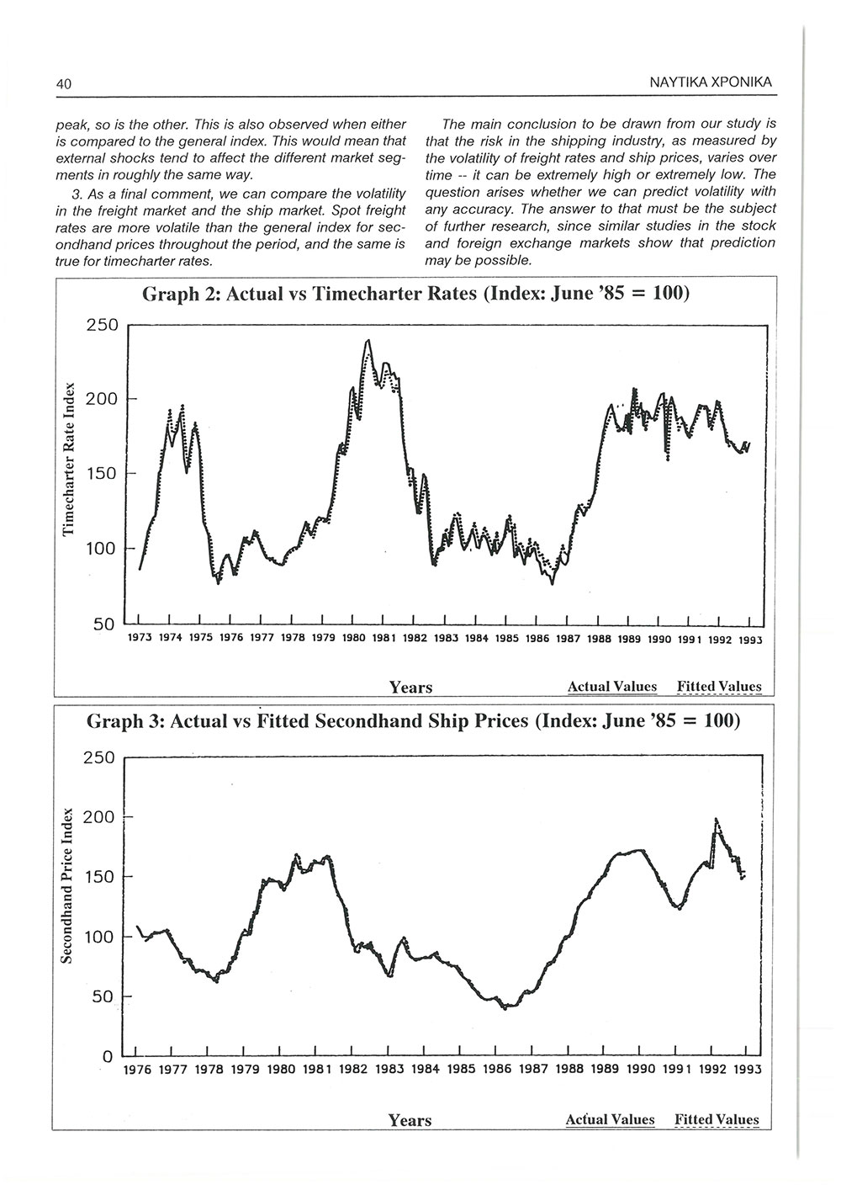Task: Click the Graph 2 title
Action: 416,295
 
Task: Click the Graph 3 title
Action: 413,721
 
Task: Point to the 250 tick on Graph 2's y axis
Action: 103,325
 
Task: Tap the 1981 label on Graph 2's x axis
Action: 383,638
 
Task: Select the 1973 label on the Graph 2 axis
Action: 139,638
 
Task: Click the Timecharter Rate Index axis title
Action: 70,460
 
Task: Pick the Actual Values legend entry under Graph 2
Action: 611,687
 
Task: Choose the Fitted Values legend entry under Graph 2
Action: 719,687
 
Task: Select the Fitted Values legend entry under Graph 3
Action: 717,1119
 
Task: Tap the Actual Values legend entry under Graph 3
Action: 610,1119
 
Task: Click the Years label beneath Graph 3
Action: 410,1120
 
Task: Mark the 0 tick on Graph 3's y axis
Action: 107,1056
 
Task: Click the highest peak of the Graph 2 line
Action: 368,340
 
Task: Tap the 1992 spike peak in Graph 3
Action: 716,819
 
